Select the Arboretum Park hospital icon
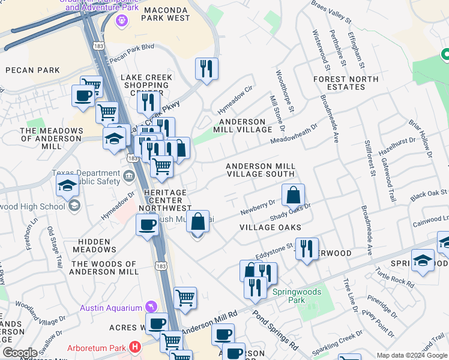134,347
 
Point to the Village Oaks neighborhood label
270,228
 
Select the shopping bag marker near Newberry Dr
293,196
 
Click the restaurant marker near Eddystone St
307,248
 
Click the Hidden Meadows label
94,245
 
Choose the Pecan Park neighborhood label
32,70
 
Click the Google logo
20,353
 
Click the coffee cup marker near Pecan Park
82,95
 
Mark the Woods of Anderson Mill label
104,268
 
